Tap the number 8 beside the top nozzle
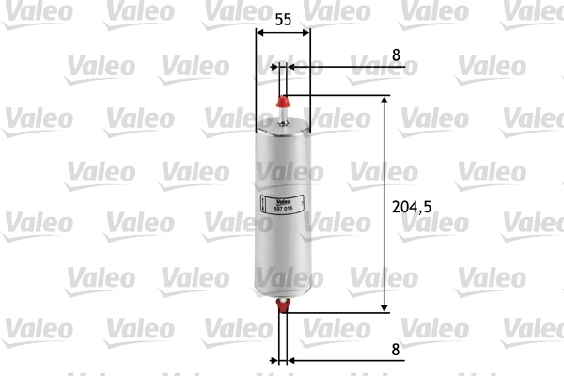click(x=396, y=55)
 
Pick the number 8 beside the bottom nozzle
click(x=396, y=348)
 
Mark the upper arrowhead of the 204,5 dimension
click(x=384, y=99)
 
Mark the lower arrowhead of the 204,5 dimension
click(x=384, y=307)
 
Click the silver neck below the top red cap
click(x=283, y=115)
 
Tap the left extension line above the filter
click(x=257, y=75)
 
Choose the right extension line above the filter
click(x=310, y=75)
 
